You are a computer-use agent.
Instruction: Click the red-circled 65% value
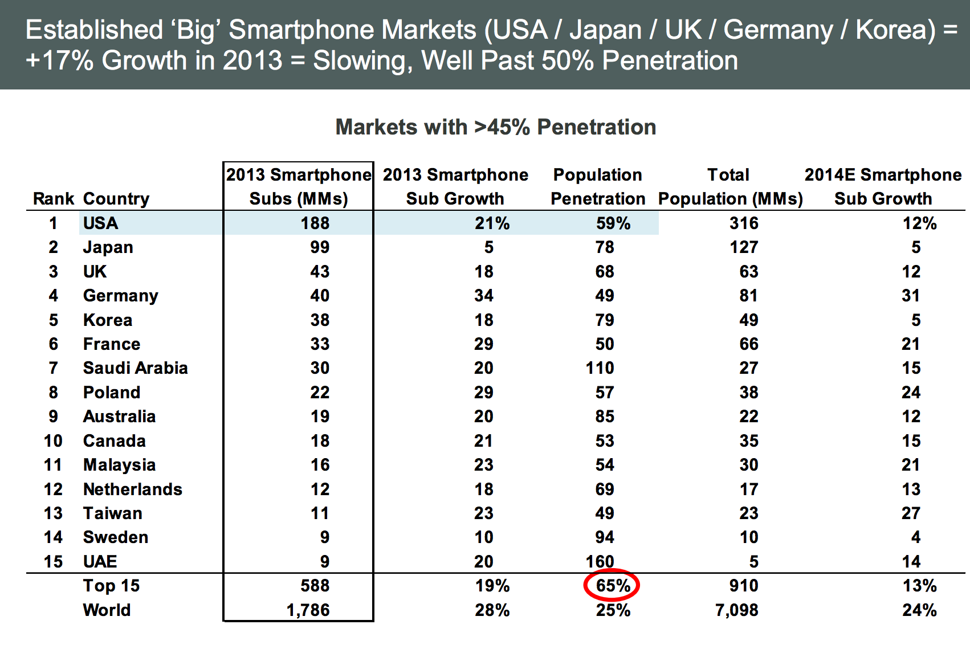(x=613, y=586)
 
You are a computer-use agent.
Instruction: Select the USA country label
(x=101, y=223)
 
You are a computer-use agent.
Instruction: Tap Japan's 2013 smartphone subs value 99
(x=320, y=247)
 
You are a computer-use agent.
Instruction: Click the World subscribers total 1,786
(x=308, y=610)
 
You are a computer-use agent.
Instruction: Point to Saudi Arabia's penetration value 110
(x=600, y=368)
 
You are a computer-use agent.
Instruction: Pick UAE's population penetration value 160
(x=600, y=562)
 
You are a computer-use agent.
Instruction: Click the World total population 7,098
(x=737, y=610)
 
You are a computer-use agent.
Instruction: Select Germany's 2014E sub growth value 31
(x=911, y=296)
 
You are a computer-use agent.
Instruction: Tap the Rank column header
(x=54, y=199)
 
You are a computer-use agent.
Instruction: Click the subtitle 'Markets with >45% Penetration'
(x=496, y=127)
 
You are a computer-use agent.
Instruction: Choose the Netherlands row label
(x=133, y=489)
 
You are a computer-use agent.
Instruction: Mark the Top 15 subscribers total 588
(x=315, y=586)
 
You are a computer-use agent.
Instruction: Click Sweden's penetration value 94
(x=605, y=537)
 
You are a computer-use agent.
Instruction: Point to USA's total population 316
(x=744, y=223)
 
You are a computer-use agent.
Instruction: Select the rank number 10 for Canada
(x=53, y=441)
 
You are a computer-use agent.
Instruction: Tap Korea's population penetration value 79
(x=605, y=320)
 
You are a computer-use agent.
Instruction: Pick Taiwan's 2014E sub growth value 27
(x=911, y=513)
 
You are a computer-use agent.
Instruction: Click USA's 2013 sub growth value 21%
(x=492, y=223)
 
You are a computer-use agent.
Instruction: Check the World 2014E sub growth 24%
(x=919, y=610)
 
